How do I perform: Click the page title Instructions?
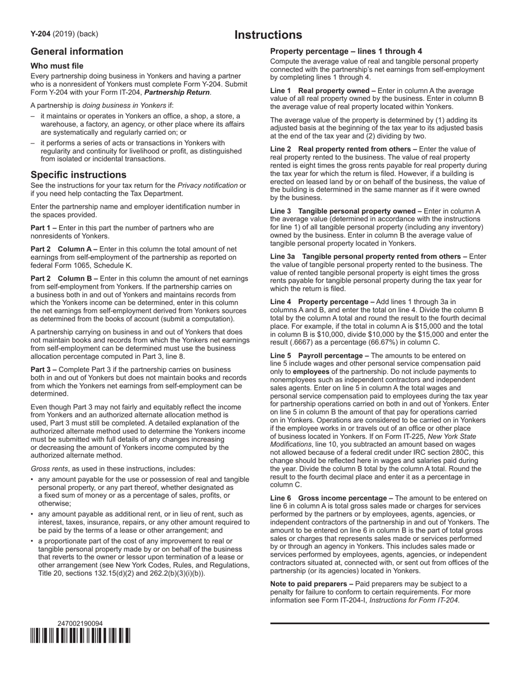pyautogui.click(x=268, y=35)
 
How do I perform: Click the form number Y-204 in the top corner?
pyautogui.click(x=41, y=34)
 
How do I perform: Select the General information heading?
pyautogui.click(x=77, y=52)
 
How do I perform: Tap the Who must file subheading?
pyautogui.click(x=57, y=66)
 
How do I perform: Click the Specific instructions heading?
pyautogui.click(x=78, y=175)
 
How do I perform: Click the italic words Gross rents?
pyautogui.click(x=49, y=469)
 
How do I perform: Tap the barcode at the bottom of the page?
pyautogui.click(x=80, y=636)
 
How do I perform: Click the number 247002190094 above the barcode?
pyautogui.click(x=80, y=624)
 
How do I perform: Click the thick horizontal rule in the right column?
pyautogui.click(x=380, y=624)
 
